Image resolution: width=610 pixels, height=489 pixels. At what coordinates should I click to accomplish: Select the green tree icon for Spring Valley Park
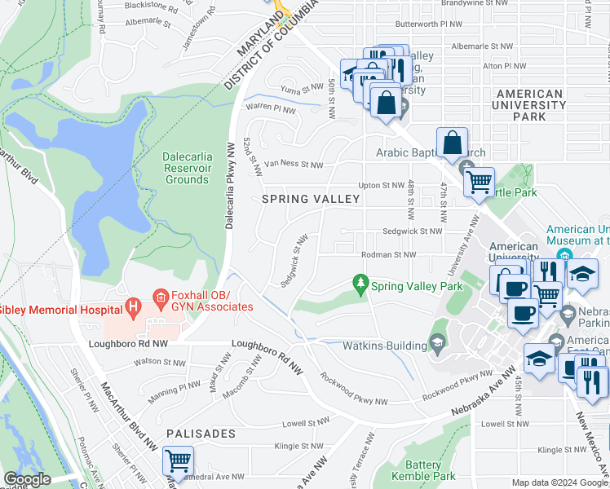click(359, 283)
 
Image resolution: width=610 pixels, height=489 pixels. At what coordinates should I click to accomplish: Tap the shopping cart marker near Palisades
click(177, 462)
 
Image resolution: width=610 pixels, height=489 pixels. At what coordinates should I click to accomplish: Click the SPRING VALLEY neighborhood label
click(310, 199)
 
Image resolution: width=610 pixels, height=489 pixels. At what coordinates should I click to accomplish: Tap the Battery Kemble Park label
click(422, 469)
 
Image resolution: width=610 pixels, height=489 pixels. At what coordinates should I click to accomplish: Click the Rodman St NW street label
click(388, 255)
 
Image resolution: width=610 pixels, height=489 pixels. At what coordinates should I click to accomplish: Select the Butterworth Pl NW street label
click(451, 24)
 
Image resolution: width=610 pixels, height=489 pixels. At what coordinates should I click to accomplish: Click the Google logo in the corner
click(27, 479)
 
